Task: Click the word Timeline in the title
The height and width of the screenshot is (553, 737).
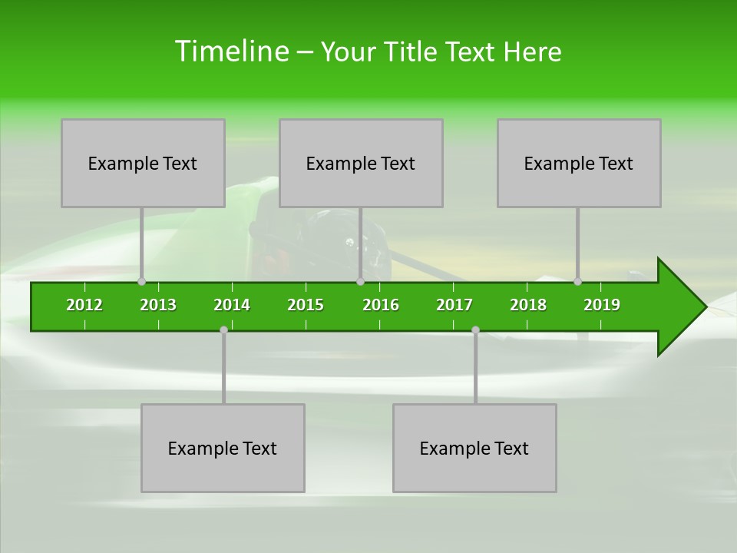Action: (x=230, y=51)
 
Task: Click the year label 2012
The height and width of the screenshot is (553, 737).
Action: (x=84, y=305)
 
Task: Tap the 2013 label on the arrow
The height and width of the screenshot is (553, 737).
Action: (x=158, y=305)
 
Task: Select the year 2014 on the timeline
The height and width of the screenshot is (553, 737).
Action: (x=232, y=305)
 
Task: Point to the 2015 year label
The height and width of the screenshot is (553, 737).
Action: (x=306, y=305)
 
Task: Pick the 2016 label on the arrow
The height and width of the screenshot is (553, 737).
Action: (x=381, y=305)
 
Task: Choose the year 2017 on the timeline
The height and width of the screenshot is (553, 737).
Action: (x=454, y=305)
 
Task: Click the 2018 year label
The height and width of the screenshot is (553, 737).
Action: (x=528, y=305)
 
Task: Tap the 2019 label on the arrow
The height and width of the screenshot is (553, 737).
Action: (x=602, y=305)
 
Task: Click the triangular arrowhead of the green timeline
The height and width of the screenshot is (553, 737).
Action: (x=679, y=307)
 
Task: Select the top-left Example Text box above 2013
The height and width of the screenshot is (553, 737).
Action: (x=143, y=163)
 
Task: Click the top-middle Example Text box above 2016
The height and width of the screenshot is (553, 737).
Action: (x=361, y=163)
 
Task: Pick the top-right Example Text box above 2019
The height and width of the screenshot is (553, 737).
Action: (x=579, y=163)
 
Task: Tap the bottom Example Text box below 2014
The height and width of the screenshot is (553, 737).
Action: (x=223, y=448)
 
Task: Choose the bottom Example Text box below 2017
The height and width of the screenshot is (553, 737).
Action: (x=474, y=448)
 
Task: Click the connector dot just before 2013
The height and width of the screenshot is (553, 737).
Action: (x=141, y=281)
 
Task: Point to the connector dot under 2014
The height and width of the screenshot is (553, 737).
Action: (x=223, y=329)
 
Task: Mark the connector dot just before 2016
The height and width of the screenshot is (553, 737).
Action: (x=360, y=281)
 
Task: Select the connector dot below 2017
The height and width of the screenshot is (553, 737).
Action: (x=475, y=329)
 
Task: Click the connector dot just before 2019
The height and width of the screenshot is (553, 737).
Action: (x=577, y=281)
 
